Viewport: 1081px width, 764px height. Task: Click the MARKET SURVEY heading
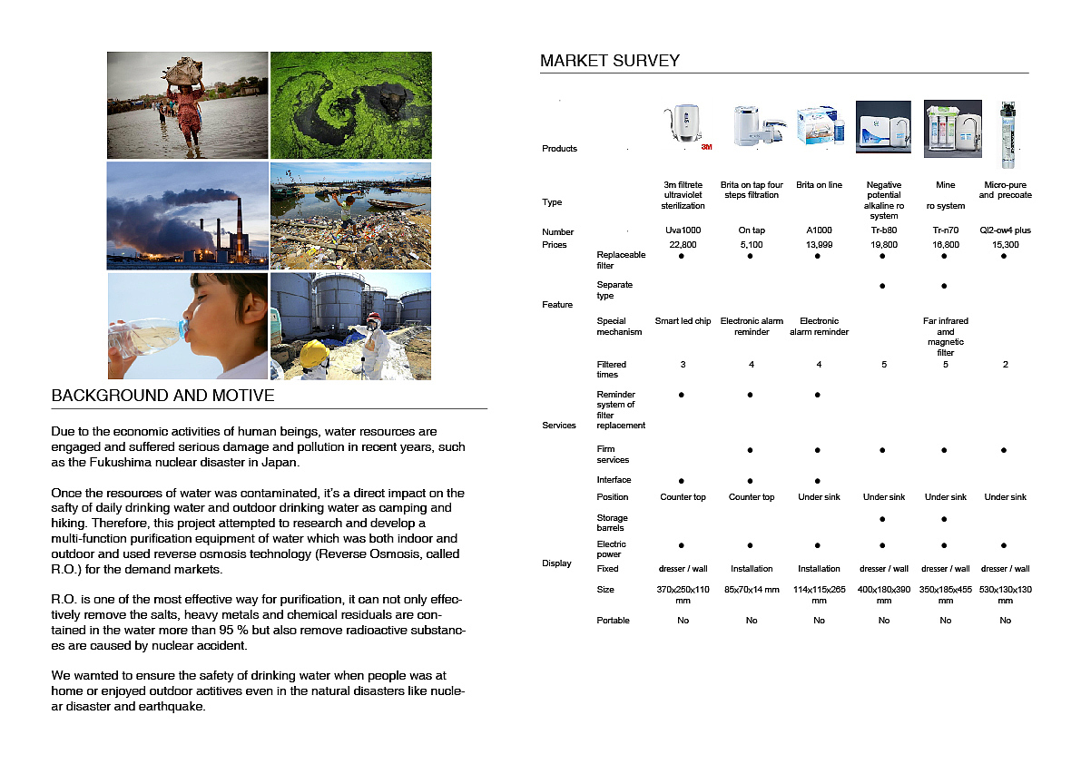pyautogui.click(x=609, y=61)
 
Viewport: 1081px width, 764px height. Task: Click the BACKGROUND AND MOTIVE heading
pyautogui.click(x=162, y=397)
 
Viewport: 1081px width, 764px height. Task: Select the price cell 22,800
pyautogui.click(x=683, y=244)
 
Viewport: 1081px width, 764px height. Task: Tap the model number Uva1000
pyautogui.click(x=683, y=230)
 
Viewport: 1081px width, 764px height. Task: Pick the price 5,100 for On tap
pyautogui.click(x=752, y=244)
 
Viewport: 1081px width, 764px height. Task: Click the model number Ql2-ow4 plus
pyautogui.click(x=1005, y=230)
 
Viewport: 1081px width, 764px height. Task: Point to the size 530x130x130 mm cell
pyautogui.click(x=1005, y=594)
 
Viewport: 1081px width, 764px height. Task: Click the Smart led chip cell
pyautogui.click(x=683, y=321)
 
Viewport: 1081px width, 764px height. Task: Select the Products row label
pyautogui.click(x=559, y=149)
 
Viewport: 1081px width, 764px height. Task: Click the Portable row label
pyautogui.click(x=613, y=621)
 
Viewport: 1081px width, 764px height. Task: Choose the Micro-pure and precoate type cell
pyautogui.click(x=1005, y=190)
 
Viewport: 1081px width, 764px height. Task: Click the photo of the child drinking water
pyautogui.click(x=188, y=326)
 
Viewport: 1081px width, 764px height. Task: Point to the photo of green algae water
pyautogui.click(x=350, y=104)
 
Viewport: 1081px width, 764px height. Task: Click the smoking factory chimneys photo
pyautogui.click(x=188, y=215)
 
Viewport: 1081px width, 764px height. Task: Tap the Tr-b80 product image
pyautogui.click(x=883, y=129)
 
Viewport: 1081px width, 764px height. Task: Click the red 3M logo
pyautogui.click(x=706, y=146)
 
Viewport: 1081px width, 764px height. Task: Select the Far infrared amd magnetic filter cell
pyautogui.click(x=945, y=336)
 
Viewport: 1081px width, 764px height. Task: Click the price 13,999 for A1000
pyautogui.click(x=819, y=244)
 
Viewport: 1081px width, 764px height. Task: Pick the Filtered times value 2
pyautogui.click(x=1005, y=365)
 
